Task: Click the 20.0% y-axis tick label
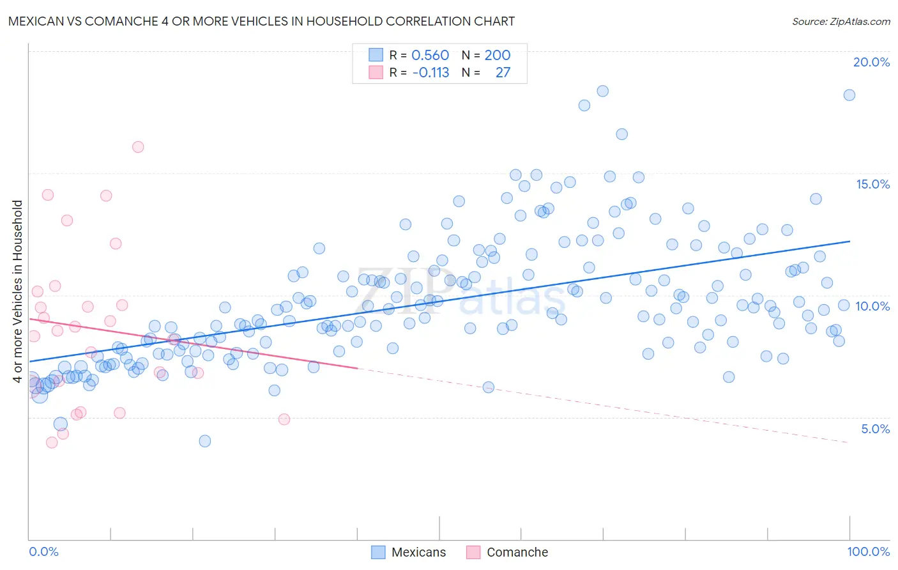tap(871, 62)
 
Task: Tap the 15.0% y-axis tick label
tap(872, 184)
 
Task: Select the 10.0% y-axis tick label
tap(872, 306)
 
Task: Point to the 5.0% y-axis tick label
tap(875, 429)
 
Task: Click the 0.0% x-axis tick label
tap(43, 551)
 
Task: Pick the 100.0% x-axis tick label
tap(868, 551)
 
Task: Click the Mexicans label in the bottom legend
tap(418, 552)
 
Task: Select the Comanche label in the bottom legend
tap(517, 552)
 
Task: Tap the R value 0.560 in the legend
tap(430, 55)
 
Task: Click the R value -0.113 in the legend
tap(430, 72)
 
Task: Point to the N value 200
tap(497, 55)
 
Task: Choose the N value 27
tap(503, 72)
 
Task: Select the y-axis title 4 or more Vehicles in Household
tap(18, 291)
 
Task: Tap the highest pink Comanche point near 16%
tap(138, 147)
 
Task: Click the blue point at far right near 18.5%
tap(849, 95)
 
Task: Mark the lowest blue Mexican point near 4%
tap(204, 441)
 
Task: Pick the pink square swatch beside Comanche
tap(473, 552)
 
